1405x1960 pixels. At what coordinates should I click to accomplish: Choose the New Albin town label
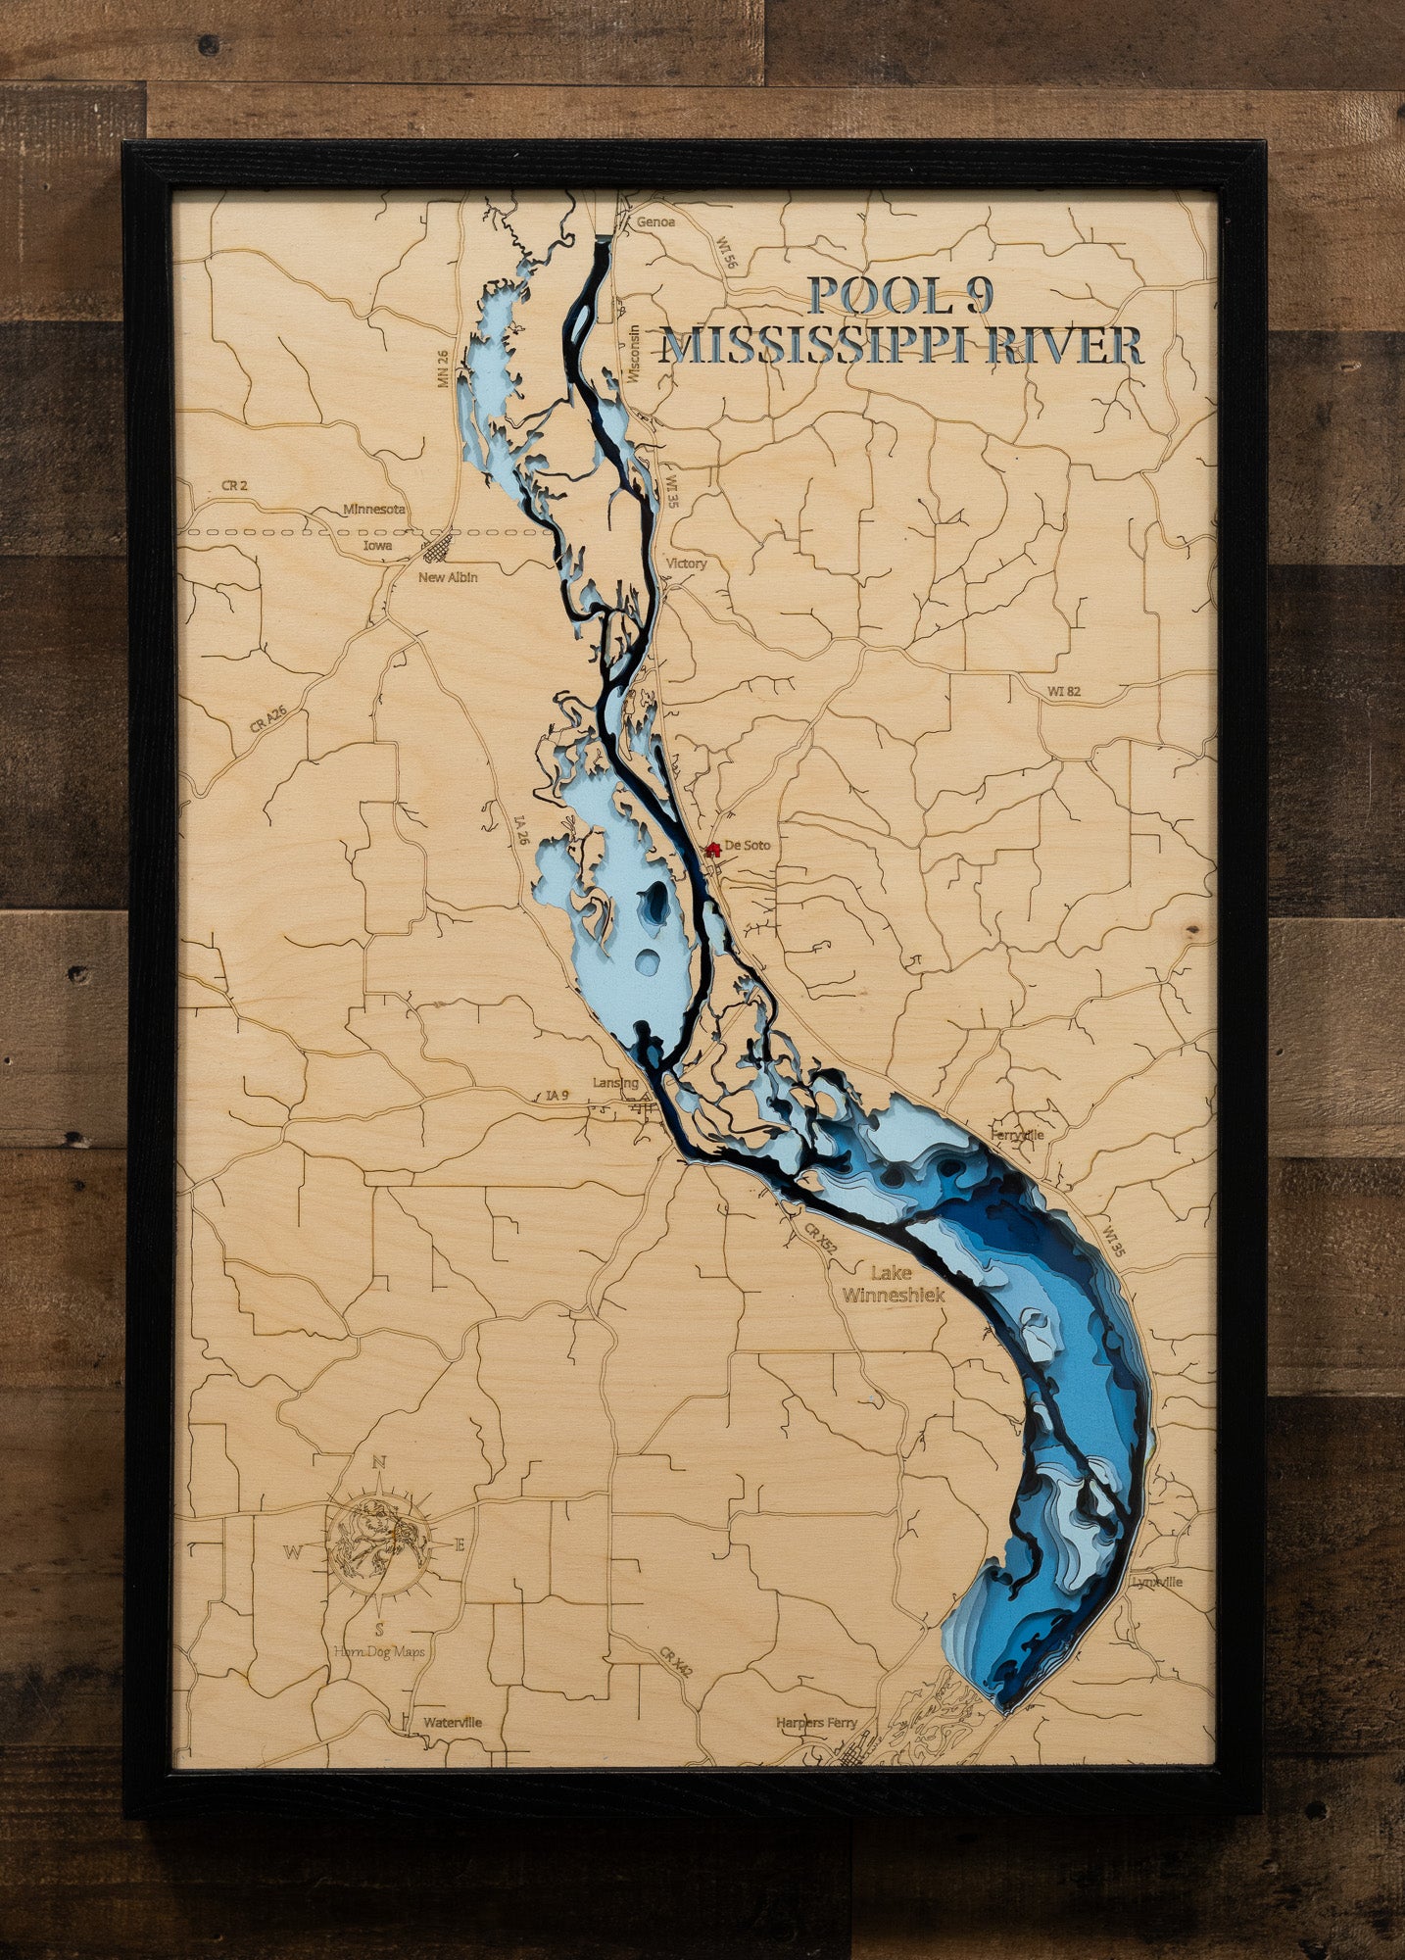448,577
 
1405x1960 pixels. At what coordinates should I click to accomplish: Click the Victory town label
685,563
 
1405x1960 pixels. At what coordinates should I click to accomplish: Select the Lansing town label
615,1083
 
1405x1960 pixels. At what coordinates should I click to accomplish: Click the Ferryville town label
1018,1135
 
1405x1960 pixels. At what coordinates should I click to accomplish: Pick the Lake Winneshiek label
893,1284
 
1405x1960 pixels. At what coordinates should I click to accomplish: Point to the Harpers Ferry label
816,1723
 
